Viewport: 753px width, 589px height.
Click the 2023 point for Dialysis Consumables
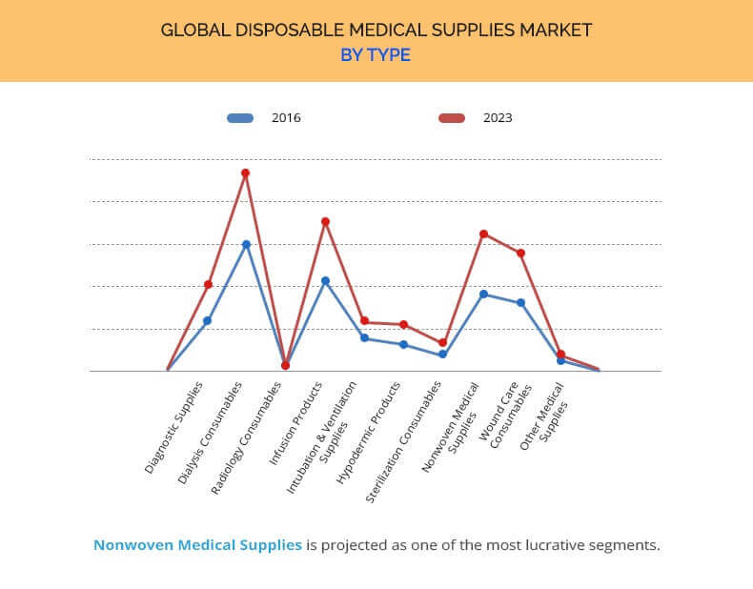pos(245,173)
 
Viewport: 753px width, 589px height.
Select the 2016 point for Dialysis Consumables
pos(246,244)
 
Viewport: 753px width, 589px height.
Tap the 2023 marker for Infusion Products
pos(325,221)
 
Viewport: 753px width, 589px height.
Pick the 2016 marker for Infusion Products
pos(325,281)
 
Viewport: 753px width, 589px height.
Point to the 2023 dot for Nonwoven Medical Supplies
pos(483,234)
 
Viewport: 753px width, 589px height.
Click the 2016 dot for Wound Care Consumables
pos(520,303)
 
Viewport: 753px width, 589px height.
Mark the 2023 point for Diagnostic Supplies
pos(208,284)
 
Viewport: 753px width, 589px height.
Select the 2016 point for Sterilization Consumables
pos(442,355)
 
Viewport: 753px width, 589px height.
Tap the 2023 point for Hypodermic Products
pos(404,325)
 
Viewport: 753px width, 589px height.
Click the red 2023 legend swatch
pos(451,118)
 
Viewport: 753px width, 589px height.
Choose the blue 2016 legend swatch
pos(240,118)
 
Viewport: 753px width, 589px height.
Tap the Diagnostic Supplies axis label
pos(174,428)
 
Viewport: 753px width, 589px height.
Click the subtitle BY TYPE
pos(376,55)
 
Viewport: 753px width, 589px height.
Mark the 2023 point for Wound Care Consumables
pos(520,253)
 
